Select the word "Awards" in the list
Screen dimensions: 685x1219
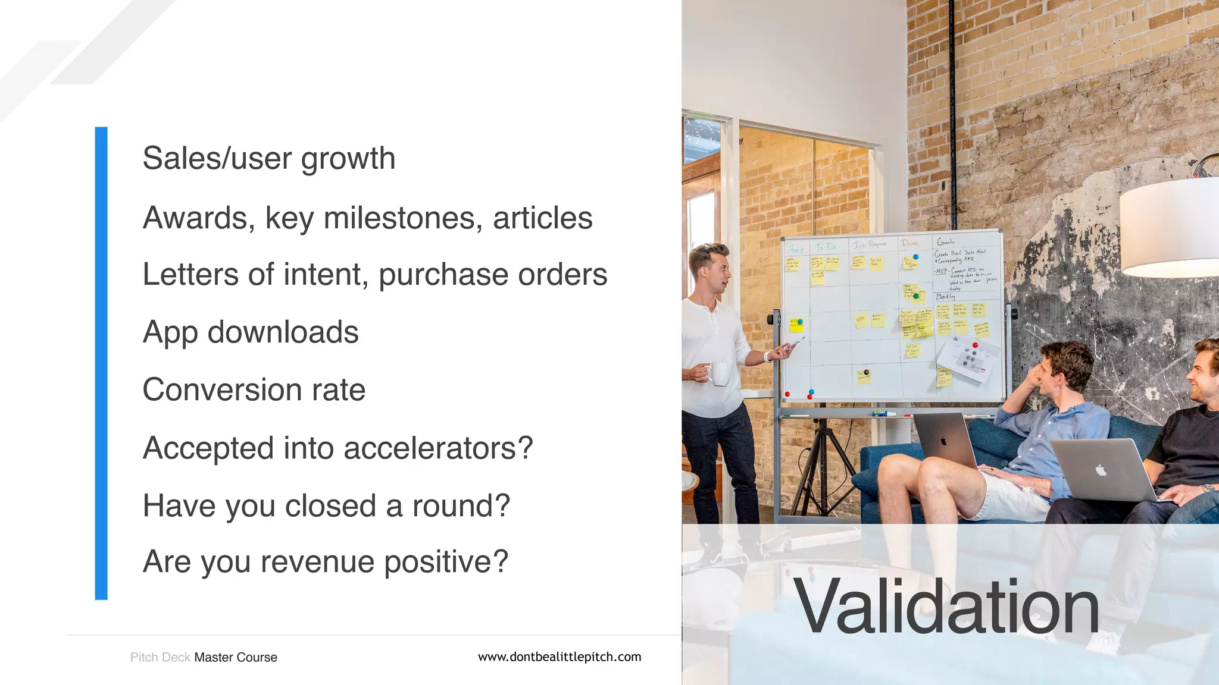pos(195,218)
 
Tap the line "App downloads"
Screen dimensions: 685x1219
pos(251,332)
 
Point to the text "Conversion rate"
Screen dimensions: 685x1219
pos(254,390)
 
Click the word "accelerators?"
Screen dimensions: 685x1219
pos(438,448)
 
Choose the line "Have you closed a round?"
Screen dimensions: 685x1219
pos(326,506)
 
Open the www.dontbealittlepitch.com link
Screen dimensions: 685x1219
pos(560,657)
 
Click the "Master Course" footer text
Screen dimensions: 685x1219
pos(236,658)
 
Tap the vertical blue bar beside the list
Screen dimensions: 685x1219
pos(101,363)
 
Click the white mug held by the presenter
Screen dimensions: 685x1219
pos(718,374)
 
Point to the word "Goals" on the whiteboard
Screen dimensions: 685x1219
pos(946,241)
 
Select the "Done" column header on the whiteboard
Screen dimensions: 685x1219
pos(909,243)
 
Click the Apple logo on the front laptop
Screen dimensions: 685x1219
pos(1101,470)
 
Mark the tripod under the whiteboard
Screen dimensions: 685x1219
pos(825,464)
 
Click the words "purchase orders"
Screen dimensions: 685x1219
pos(493,275)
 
